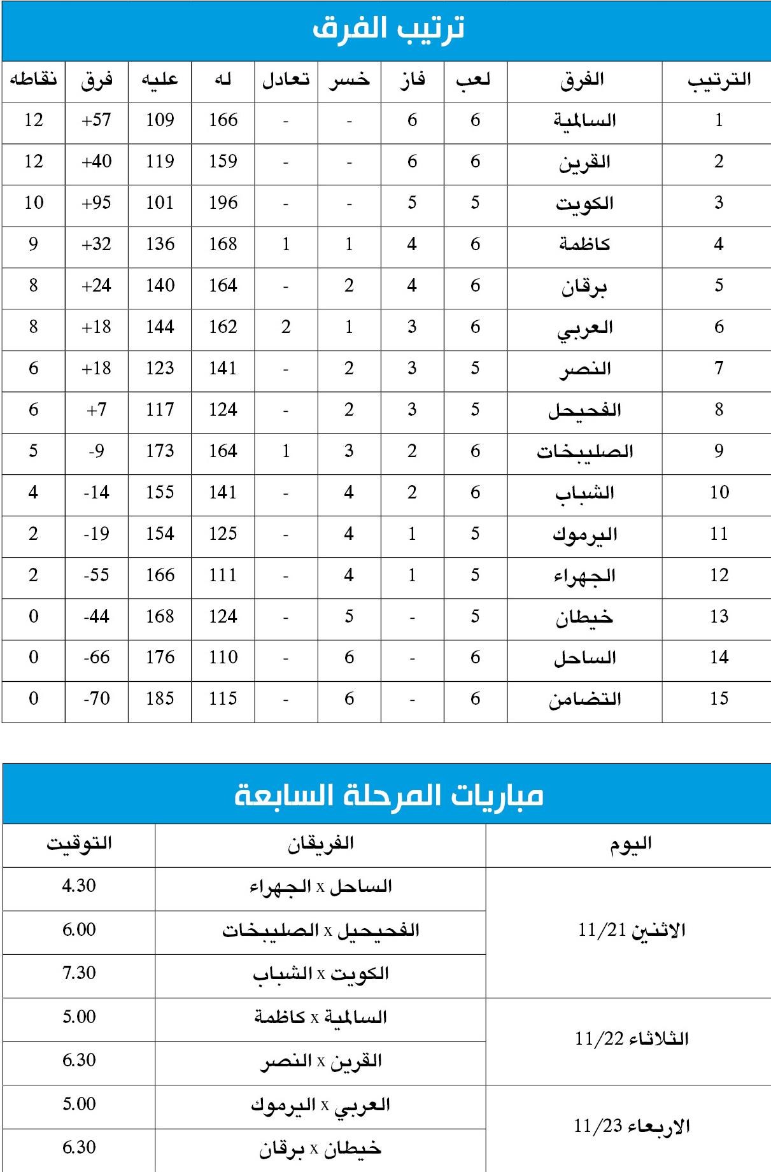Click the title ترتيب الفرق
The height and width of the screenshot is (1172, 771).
tap(388, 29)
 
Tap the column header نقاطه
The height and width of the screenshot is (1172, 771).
tap(33, 80)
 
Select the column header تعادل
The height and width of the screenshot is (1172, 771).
tap(286, 80)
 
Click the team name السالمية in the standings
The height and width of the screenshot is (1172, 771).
tap(584, 120)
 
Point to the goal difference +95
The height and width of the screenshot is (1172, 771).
tap(96, 203)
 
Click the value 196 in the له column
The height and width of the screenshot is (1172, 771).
tap(223, 203)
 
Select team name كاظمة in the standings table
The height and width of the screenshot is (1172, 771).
tap(584, 244)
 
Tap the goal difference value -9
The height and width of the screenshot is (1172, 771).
tap(96, 451)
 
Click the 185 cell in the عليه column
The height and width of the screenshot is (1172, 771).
tap(160, 699)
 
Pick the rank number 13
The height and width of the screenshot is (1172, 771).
tap(719, 616)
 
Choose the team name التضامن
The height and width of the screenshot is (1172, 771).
tap(584, 699)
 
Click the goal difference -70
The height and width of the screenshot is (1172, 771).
tap(96, 699)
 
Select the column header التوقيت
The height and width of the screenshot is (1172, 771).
tap(79, 844)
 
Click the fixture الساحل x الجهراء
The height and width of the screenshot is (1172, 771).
tap(320, 887)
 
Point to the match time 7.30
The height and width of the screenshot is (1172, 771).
tap(79, 973)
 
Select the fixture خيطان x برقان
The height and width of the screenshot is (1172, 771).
tap(320, 1148)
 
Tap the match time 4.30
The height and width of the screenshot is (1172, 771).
tap(79, 886)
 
